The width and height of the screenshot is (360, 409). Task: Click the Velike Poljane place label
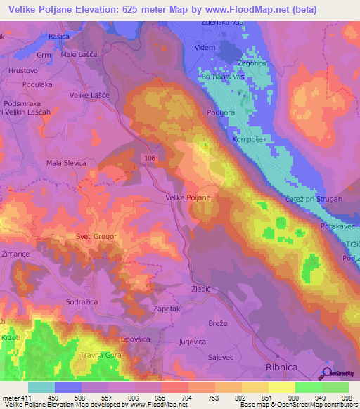(x=188, y=198)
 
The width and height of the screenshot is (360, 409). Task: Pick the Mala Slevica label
(x=66, y=163)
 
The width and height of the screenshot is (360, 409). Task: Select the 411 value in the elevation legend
(x=25, y=396)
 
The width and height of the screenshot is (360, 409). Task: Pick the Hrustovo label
(x=22, y=71)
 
